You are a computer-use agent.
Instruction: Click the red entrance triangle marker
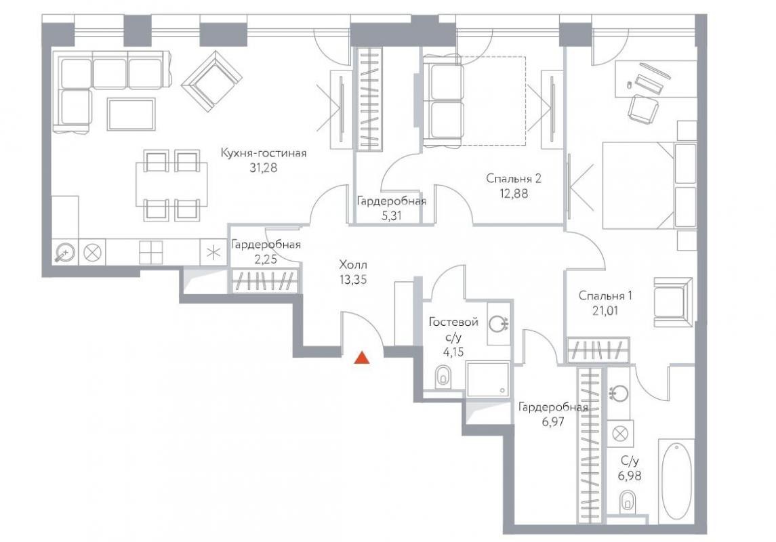(362, 358)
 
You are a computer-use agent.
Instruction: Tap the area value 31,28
(263, 168)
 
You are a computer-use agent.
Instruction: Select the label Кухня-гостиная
(263, 153)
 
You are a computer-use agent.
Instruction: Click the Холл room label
(353, 264)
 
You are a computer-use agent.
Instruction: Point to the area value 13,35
(353, 279)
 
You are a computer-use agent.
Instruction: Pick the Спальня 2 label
(514, 178)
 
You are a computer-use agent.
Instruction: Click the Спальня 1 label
(605, 295)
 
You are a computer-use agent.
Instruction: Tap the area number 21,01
(605, 311)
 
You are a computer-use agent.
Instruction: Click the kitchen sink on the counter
(65, 253)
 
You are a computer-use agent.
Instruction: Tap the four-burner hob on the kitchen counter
(151, 252)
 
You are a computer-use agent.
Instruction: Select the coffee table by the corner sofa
(131, 114)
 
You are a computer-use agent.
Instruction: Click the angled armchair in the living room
(212, 81)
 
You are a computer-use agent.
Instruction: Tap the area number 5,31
(391, 216)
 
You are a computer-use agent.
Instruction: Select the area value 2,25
(266, 259)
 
